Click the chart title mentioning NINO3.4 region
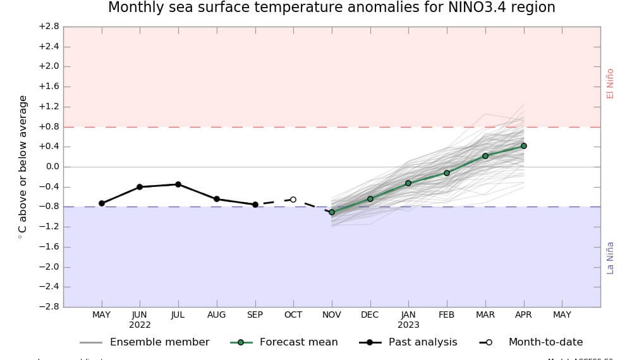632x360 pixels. pos(331,8)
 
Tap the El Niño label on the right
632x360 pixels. pos(610,83)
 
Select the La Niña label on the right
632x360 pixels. pos(610,257)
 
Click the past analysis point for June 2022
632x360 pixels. pos(140,187)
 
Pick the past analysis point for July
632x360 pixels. pos(178,184)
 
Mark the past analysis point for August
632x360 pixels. pos(217,199)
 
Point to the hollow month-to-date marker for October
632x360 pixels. pos(293,200)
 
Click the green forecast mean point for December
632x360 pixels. pos(370,199)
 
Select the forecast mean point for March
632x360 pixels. pos(485,156)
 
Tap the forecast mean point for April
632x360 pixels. pos(524,146)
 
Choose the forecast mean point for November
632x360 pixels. pos(332,212)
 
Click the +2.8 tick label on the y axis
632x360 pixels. pos(49,27)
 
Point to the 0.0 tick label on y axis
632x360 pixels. pos(50,167)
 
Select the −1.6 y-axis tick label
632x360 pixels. pos(49,247)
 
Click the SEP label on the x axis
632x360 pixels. pos(255,315)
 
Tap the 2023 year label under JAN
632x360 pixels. pos(408,325)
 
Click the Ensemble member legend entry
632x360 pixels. pos(159,342)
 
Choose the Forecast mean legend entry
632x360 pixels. pos(298,342)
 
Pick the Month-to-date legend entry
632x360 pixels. pos(545,342)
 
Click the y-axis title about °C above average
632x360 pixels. pos(23,167)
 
